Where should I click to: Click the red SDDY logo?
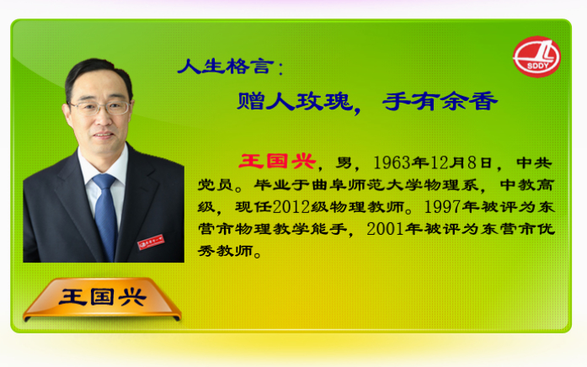[x=536, y=57]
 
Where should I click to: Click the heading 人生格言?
[x=226, y=66]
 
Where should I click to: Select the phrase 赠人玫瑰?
[x=295, y=101]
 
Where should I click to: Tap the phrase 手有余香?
[x=440, y=101]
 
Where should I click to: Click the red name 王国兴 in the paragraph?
[x=277, y=162]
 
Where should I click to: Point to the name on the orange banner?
[x=102, y=297]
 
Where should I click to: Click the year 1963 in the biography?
[x=392, y=162]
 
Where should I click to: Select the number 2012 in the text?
[x=291, y=207]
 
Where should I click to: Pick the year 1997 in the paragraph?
[x=442, y=207]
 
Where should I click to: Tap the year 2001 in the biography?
[x=385, y=229]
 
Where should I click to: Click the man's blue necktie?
[x=105, y=215]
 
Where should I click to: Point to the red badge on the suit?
[x=151, y=242]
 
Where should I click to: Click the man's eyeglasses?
[x=100, y=108]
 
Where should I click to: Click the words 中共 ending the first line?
[x=534, y=162]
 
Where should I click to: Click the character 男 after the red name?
[x=344, y=162]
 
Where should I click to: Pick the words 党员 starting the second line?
[x=216, y=185]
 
